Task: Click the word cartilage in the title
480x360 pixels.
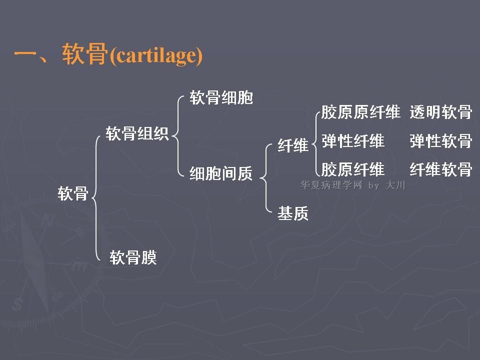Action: [x=156, y=55]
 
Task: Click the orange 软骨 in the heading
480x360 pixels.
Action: [x=85, y=54]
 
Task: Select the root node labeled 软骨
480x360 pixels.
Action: [x=73, y=193]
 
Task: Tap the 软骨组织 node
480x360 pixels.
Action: [x=137, y=133]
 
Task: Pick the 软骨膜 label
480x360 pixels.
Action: [x=133, y=257]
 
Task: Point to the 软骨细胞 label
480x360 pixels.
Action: [x=221, y=97]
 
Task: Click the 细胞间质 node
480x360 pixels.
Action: [x=221, y=173]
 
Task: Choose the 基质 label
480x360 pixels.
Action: [x=293, y=213]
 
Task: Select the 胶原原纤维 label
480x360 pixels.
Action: [x=361, y=111]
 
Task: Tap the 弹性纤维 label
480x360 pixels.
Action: [x=353, y=141]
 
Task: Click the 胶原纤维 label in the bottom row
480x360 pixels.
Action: [x=353, y=169]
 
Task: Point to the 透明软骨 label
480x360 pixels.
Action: [x=441, y=111]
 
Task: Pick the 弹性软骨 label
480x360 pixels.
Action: [x=441, y=141]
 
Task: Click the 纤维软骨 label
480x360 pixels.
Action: [x=441, y=169]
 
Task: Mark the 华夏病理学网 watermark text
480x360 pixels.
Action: [x=331, y=185]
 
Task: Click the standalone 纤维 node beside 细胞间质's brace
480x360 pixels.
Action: [x=293, y=145]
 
